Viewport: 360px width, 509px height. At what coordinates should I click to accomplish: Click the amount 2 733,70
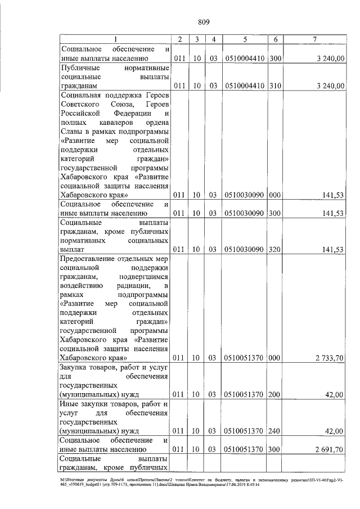coord(329,357)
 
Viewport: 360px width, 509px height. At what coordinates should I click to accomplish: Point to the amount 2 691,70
coord(329,449)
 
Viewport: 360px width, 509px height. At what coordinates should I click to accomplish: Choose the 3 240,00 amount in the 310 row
coord(329,85)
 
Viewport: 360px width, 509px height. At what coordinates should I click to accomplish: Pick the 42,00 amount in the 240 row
coord(335,431)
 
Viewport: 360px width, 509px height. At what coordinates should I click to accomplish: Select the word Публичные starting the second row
coord(80,67)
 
